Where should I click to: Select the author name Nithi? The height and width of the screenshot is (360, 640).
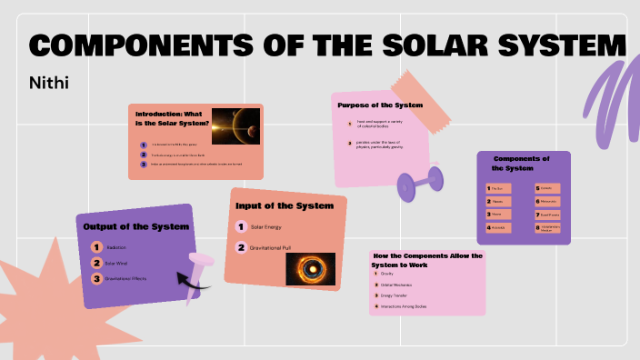(50, 83)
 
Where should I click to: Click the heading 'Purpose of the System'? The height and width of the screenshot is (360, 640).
(380, 105)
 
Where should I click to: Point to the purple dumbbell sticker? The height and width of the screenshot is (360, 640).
(420, 183)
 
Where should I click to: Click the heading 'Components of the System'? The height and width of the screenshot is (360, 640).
(523, 163)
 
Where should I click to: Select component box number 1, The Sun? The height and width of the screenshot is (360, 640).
(499, 188)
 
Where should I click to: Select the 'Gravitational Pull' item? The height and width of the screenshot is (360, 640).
(273, 247)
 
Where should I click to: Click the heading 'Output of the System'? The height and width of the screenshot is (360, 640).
(123, 226)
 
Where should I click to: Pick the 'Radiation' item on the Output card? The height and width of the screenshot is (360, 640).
(116, 247)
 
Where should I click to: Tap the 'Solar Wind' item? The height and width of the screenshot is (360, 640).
(116, 263)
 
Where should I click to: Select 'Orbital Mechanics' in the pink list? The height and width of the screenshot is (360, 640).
(400, 284)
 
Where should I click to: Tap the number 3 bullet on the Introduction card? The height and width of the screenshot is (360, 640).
(143, 165)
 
